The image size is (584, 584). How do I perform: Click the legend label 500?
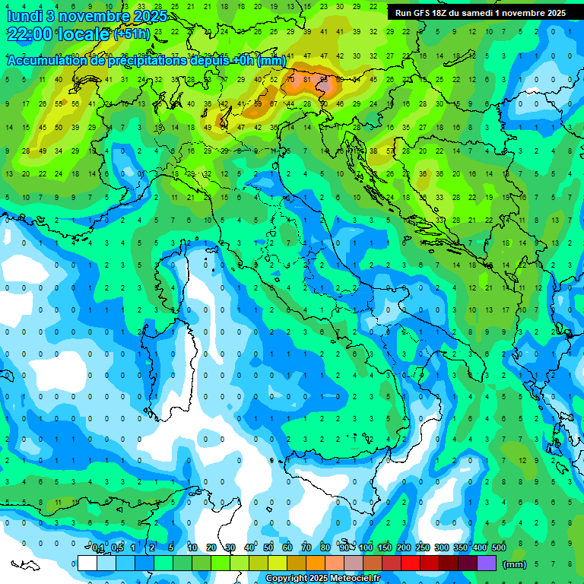(x=499, y=548)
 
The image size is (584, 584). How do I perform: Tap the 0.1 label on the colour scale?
(x=98, y=548)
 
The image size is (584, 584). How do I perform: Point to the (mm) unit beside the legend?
(x=515, y=564)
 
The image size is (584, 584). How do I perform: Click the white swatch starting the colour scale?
(x=87, y=563)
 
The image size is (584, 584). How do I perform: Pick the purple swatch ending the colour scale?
(x=487, y=563)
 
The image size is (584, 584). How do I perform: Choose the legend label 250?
(x=423, y=548)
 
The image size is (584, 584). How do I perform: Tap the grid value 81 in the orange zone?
(x=307, y=79)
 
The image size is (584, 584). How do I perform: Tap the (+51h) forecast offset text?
(x=132, y=34)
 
